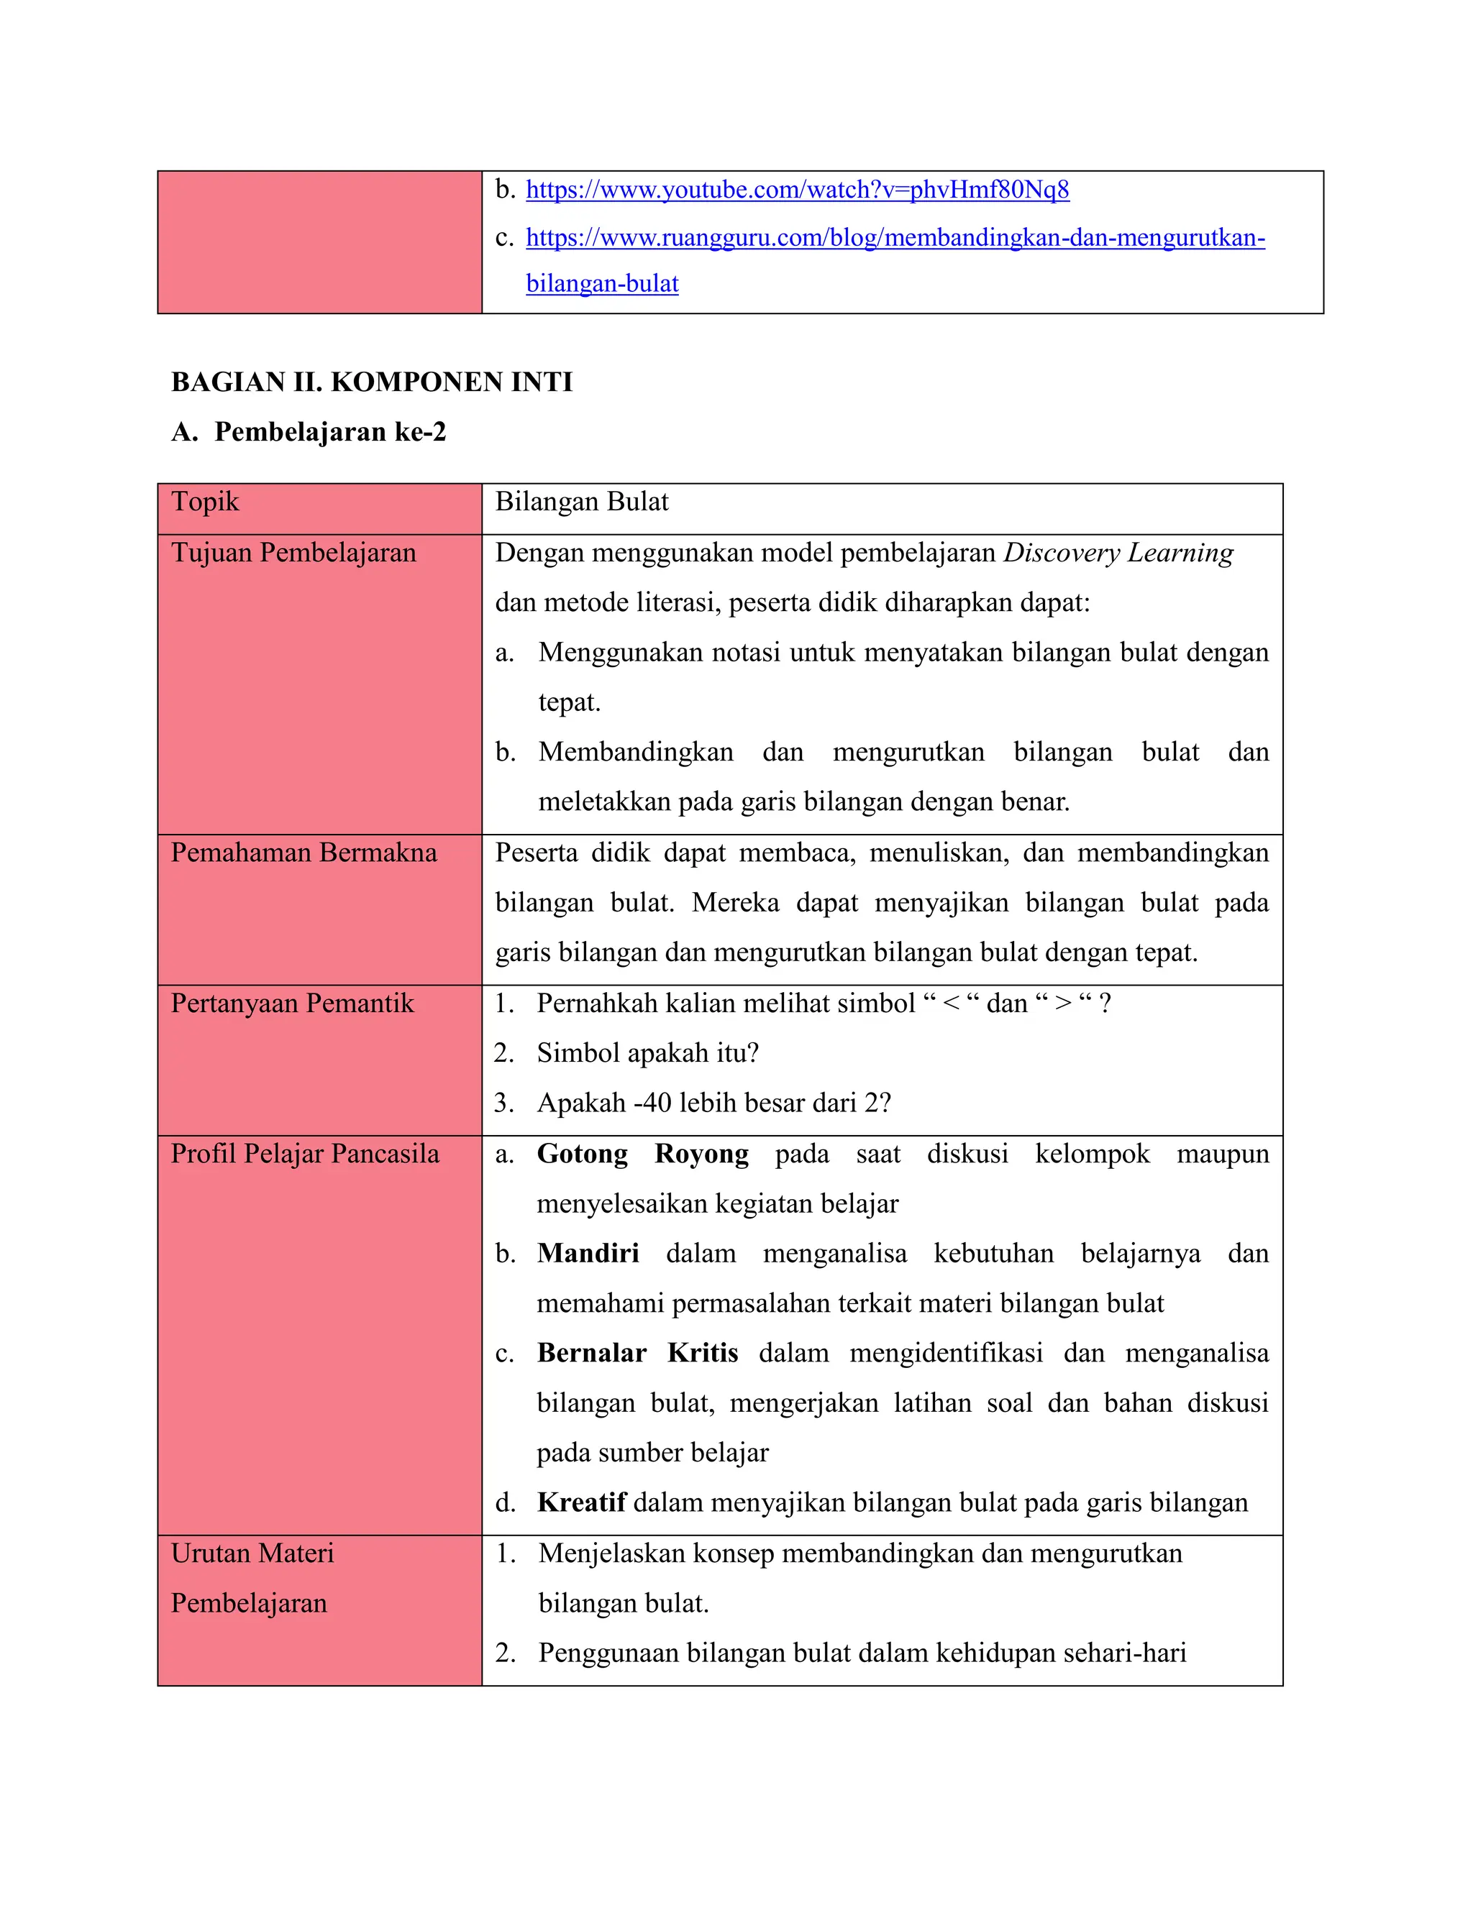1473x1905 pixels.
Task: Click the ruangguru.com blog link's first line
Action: (x=895, y=237)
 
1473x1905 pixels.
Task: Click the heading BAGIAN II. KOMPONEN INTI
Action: (x=372, y=382)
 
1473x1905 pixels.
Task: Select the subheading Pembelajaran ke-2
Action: (x=330, y=432)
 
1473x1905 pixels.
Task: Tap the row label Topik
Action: (x=205, y=502)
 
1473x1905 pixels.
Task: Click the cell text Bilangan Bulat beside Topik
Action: (x=581, y=502)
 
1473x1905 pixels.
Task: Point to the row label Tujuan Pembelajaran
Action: (x=293, y=552)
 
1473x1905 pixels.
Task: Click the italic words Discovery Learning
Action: (x=1118, y=552)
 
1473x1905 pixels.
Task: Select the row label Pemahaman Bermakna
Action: (x=304, y=852)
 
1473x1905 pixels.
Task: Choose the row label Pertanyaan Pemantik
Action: (x=292, y=1003)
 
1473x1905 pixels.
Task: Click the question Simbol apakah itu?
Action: (x=647, y=1053)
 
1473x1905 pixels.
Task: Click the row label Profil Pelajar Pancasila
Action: (x=304, y=1153)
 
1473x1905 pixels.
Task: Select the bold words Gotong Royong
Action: (x=642, y=1153)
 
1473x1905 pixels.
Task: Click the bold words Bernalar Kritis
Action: (x=637, y=1353)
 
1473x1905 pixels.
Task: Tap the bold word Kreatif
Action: (x=581, y=1502)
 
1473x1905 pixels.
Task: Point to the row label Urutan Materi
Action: (x=252, y=1553)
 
